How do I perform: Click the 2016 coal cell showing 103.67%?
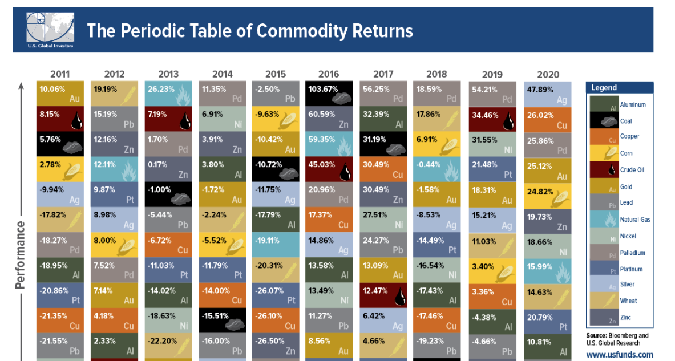(329, 94)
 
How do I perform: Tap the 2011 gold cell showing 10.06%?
(60, 94)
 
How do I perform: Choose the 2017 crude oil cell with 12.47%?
(383, 295)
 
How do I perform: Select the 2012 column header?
(114, 74)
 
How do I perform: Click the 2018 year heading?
(437, 74)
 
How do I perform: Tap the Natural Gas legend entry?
(635, 220)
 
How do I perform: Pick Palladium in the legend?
(632, 253)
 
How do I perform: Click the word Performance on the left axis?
(21, 254)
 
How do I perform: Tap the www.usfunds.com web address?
(619, 355)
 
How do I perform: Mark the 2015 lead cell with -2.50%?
(276, 94)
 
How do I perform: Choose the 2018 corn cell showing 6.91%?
(437, 144)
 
